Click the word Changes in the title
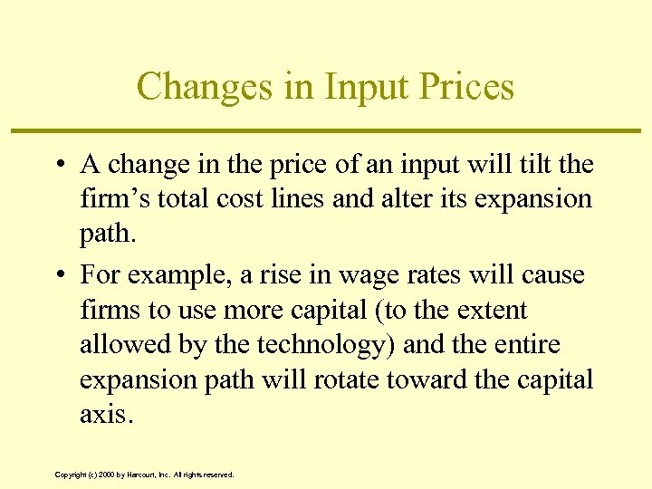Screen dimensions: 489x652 (197, 87)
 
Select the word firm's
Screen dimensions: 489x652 (112, 199)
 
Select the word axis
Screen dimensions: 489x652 (104, 414)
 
